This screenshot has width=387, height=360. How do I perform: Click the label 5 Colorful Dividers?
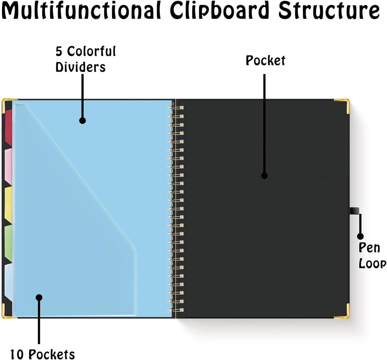85,59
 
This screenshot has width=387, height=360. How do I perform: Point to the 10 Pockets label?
42,355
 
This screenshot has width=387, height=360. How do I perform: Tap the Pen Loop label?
372,255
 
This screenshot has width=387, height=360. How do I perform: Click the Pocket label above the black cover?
265,61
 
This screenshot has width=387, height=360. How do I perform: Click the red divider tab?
9,127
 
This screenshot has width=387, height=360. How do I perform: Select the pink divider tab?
8,166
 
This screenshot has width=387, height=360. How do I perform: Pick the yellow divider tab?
8,205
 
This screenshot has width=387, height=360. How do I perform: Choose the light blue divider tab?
8,282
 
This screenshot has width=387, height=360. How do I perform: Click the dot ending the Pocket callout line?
264,176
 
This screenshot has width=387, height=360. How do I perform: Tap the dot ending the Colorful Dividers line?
82,121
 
